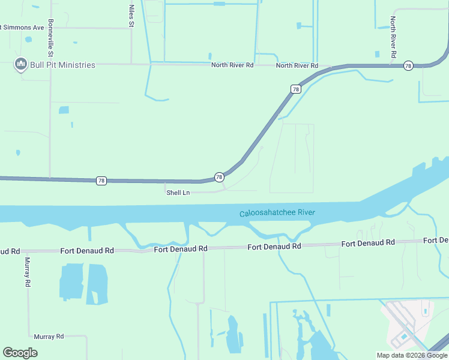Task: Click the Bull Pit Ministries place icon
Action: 20,64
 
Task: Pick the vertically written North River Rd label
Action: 393,37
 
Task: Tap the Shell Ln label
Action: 178,193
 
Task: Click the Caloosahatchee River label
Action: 277,213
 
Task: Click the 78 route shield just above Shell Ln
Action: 219,177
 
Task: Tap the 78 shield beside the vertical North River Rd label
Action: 408,65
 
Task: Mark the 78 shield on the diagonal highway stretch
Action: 295,89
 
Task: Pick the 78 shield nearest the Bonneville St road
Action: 101,181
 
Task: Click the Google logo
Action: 20,353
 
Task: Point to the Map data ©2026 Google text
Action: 412,355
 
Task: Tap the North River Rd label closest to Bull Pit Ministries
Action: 232,65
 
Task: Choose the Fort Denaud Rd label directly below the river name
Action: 274,247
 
